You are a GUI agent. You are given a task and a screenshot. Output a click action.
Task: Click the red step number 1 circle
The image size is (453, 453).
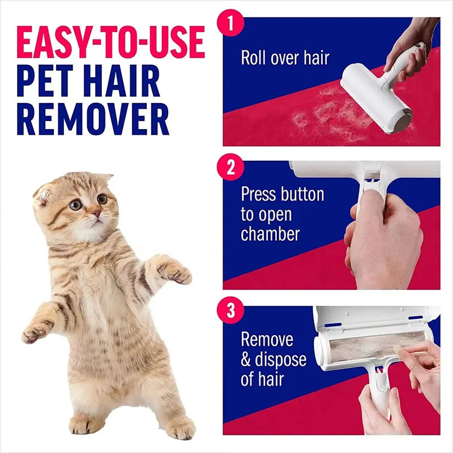click(x=230, y=24)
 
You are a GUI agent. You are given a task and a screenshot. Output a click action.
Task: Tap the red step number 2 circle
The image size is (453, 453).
click(x=230, y=168)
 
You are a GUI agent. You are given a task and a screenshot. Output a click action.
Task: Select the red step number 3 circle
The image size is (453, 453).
click(x=230, y=311)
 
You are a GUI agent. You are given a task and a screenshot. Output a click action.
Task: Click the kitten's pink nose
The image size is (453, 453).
click(x=97, y=214)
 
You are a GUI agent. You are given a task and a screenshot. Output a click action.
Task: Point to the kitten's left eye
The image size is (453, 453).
click(x=75, y=204)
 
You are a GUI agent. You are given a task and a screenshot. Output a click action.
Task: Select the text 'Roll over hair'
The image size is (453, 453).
click(x=285, y=58)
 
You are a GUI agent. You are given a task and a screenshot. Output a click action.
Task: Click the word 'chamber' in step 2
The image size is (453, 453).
click(x=270, y=233)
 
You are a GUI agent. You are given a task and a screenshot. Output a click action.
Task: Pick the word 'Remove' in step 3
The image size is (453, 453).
click(x=267, y=339)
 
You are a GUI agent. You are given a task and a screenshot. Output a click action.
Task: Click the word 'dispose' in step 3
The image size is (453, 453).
click(x=281, y=359)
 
